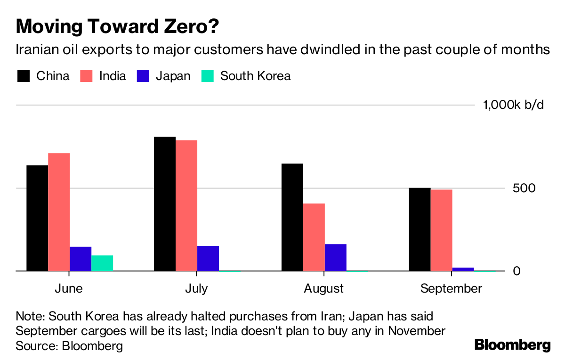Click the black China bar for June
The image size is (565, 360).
37,218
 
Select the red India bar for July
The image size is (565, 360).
186,205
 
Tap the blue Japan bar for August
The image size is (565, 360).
335,257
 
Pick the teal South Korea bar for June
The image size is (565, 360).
102,263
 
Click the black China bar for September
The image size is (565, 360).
420,229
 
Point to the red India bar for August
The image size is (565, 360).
314,237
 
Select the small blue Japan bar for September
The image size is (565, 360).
463,269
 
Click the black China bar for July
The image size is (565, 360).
165,204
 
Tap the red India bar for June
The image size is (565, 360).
59,212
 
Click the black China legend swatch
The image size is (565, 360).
24,76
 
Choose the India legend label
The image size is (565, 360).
113,76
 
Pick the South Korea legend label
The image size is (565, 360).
255,76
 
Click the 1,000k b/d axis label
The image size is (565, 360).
513,105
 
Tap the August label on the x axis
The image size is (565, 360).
324,288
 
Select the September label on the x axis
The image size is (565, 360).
452,288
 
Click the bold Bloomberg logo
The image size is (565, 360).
512,345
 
